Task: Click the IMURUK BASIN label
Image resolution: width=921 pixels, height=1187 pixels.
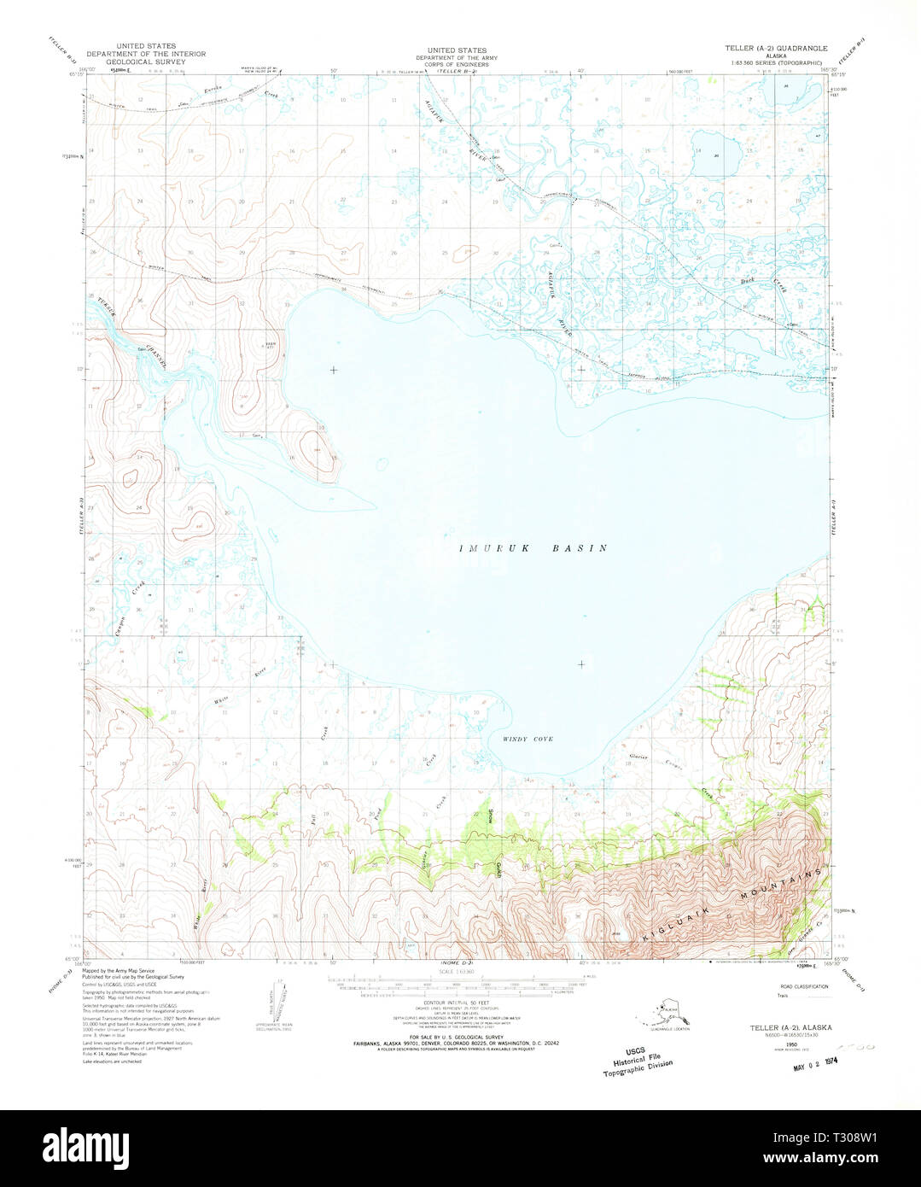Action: (533, 548)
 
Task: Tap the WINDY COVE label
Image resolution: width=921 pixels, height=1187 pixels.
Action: (528, 739)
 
